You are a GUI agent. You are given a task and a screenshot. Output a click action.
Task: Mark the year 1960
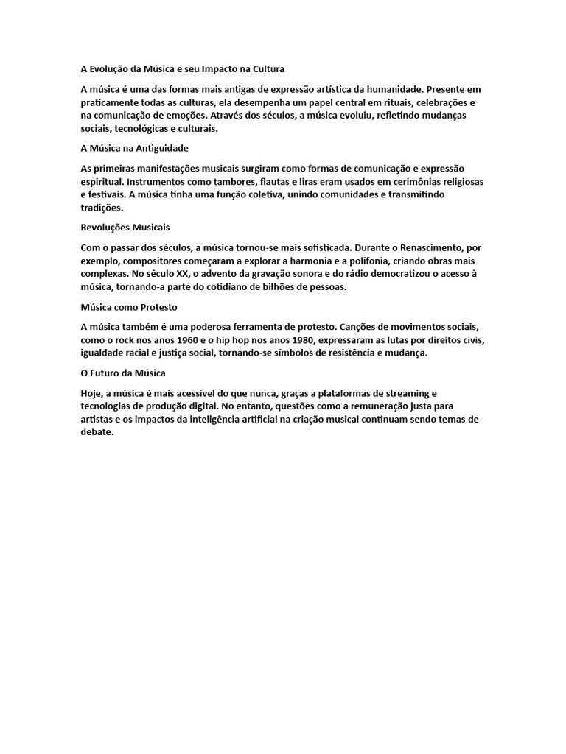[x=188, y=340]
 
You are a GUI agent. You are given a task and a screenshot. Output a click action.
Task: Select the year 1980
[x=311, y=340]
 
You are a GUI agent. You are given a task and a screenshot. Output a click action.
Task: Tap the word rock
[x=130, y=340]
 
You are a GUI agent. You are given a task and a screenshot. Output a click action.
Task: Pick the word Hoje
[x=92, y=393]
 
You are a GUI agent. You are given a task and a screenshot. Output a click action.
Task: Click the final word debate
[x=97, y=433]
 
